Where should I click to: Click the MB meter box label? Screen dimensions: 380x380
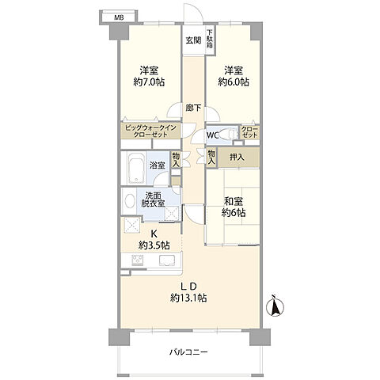119,18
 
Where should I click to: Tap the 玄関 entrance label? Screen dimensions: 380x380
194,40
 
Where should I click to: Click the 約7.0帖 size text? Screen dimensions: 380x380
149,82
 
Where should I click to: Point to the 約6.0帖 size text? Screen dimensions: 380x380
234,82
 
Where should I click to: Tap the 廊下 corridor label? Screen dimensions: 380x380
194,108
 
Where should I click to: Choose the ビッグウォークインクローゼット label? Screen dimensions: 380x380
150,131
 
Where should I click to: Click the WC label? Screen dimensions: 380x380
212,135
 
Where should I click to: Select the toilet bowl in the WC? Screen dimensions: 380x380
226,134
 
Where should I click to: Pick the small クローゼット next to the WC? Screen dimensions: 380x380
249,132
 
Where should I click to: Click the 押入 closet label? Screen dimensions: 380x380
237,158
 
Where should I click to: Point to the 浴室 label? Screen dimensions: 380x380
158,165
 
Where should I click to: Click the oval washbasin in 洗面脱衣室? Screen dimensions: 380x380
129,202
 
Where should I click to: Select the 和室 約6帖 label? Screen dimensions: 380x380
234,207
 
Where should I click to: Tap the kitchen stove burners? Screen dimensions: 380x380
138,260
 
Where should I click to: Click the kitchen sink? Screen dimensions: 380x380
167,260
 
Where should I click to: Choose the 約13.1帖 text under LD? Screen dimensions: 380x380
188,298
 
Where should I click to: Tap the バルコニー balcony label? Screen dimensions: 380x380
188,352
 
